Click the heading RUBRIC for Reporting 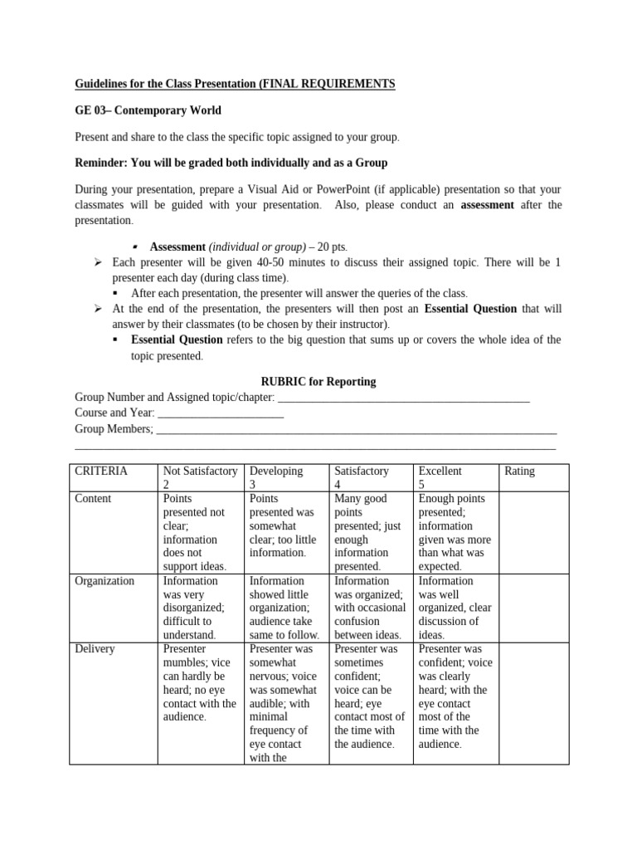click(x=318, y=382)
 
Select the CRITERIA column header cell click(x=101, y=471)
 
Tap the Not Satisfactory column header click(x=200, y=477)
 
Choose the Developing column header click(x=276, y=477)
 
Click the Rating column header click(x=519, y=471)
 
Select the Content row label click(x=93, y=499)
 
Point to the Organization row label click(x=105, y=581)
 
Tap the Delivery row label click(x=95, y=649)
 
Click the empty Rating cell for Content click(x=533, y=531)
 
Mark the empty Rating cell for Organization click(x=533, y=607)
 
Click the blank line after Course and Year click(x=220, y=413)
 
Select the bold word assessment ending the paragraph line click(x=487, y=204)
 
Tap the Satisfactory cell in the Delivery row click(x=370, y=696)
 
